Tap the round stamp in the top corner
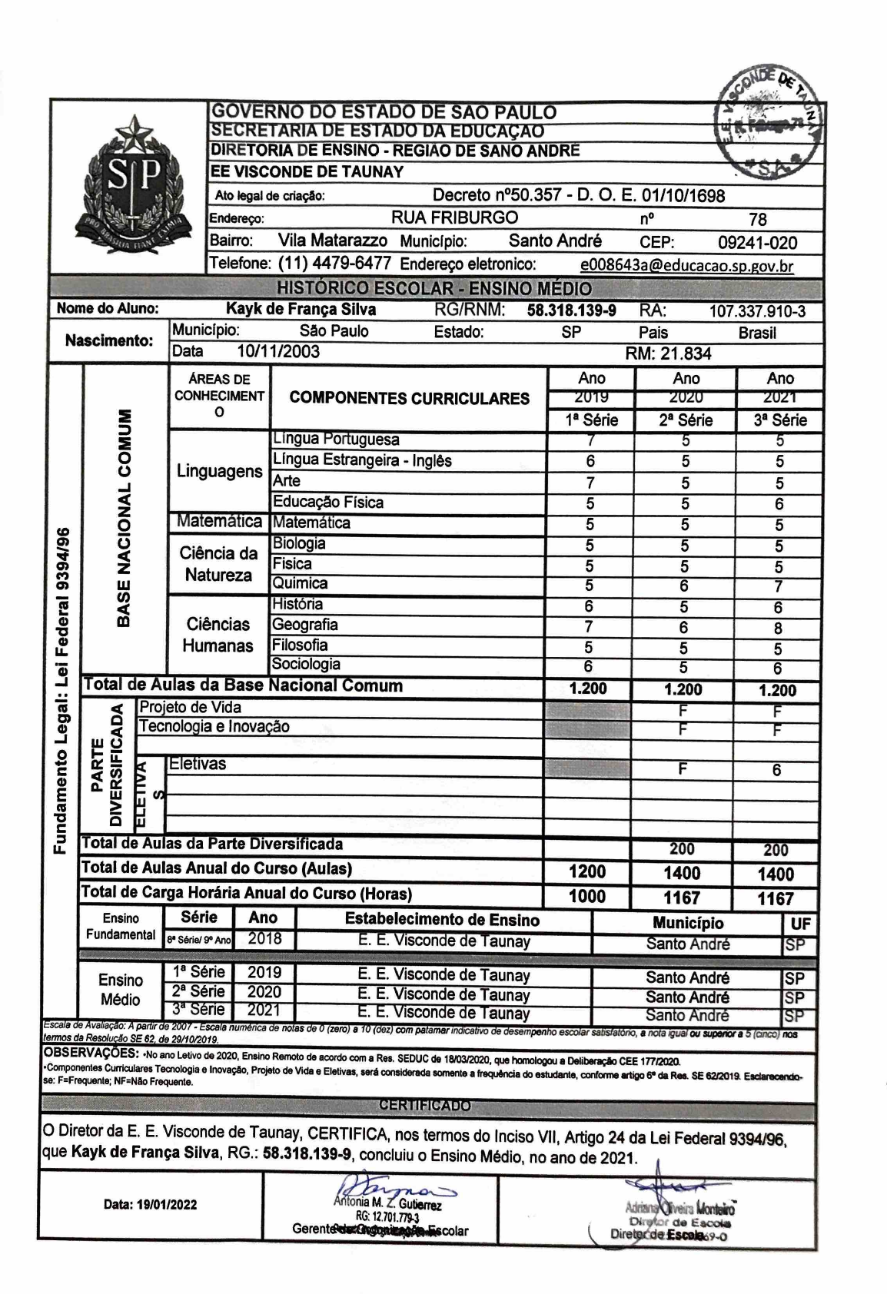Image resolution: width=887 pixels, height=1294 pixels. [769, 119]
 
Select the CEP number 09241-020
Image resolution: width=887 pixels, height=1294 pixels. [757, 244]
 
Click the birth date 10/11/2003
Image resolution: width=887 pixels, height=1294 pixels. [278, 352]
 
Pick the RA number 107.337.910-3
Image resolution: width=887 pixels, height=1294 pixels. [757, 311]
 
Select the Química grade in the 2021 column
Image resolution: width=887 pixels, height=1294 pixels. [779, 586]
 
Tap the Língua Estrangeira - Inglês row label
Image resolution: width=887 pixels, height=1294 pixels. [362, 461]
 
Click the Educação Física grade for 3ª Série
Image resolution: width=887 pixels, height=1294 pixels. [779, 504]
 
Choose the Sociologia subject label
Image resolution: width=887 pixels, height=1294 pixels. [306, 665]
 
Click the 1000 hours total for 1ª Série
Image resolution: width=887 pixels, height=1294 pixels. [587, 896]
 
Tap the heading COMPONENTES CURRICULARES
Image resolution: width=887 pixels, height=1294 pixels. [409, 399]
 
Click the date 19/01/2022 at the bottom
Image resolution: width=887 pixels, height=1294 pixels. [150, 1204]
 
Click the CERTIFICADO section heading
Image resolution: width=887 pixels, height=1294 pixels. [424, 1106]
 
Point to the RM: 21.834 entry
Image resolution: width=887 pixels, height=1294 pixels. [669, 353]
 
